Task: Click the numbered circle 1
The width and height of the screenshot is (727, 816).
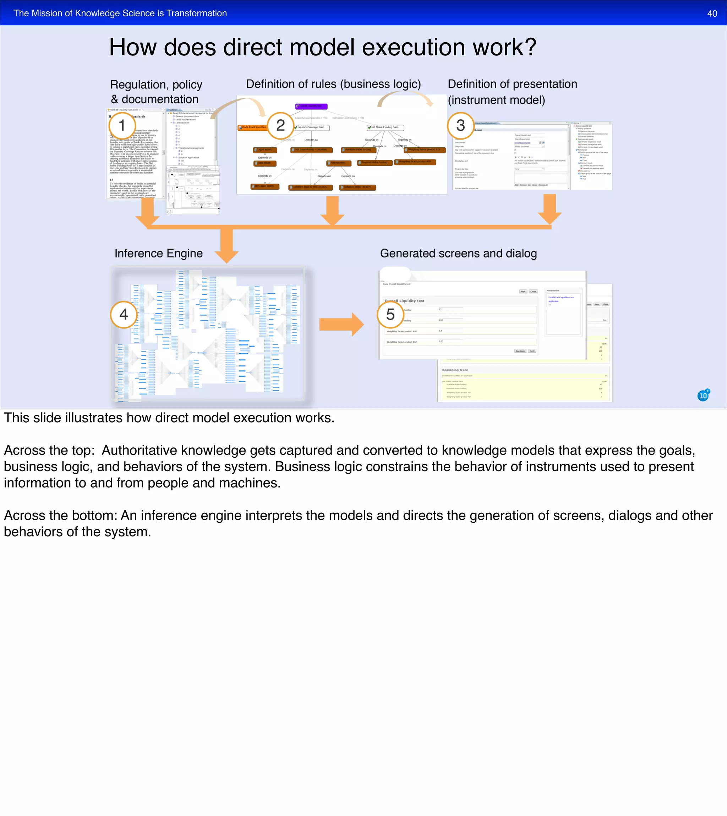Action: coord(122,125)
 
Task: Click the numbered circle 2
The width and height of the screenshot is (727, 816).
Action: coord(280,125)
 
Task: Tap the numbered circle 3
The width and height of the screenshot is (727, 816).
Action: coord(460,125)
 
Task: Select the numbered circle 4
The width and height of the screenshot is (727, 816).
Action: coord(124,315)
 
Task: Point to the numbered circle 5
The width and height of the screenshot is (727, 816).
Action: coord(390,315)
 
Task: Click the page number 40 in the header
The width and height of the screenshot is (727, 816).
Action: coord(712,13)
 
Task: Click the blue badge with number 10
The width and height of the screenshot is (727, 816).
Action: coord(703,396)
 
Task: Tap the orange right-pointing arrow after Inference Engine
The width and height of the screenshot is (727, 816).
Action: coord(341,325)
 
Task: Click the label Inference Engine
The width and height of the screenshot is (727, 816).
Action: coord(159,253)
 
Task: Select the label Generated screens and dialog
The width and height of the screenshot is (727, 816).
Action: coord(458,253)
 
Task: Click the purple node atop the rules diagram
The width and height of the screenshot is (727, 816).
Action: coord(311,106)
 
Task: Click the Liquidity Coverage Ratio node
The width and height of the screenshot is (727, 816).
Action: coord(312,127)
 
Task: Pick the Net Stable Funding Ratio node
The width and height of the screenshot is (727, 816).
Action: coord(386,127)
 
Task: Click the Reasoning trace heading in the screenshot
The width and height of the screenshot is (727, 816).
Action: coord(455,370)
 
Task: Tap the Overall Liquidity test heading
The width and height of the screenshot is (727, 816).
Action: coord(405,301)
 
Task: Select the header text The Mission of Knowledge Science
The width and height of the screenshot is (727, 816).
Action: coord(84,13)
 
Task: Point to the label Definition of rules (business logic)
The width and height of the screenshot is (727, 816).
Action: coord(333,84)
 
